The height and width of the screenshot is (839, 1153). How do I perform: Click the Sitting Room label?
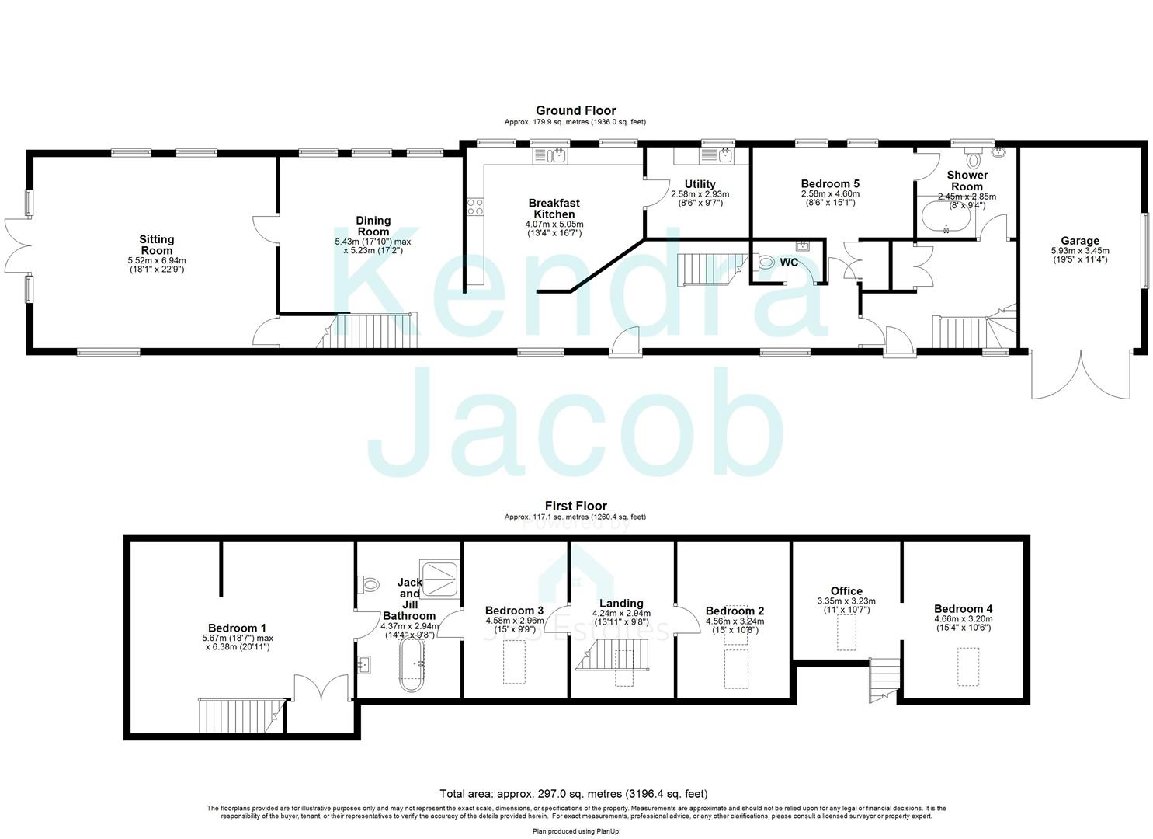[x=157, y=245]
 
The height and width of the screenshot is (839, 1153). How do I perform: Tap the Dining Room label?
[x=373, y=226]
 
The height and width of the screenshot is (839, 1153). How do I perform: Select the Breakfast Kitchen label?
[x=554, y=208]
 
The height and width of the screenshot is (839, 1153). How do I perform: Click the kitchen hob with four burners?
[x=474, y=207]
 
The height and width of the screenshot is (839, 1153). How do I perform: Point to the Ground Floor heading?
[x=575, y=110]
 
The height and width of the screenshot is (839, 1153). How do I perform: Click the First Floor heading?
[x=575, y=506]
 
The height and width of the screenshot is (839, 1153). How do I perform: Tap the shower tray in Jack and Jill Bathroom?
[x=440, y=576]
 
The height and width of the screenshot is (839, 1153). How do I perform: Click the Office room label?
[x=846, y=591]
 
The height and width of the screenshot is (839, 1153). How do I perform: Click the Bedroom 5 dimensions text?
[x=830, y=199]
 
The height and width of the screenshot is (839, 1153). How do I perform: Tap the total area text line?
[x=574, y=794]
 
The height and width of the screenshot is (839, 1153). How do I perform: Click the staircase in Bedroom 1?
[x=238, y=713]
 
